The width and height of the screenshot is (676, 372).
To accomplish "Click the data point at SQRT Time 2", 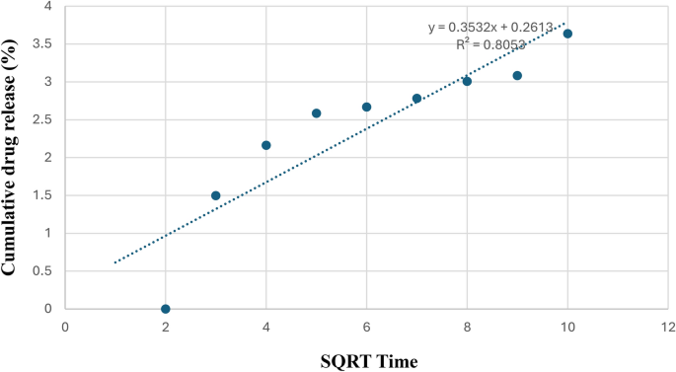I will (x=166, y=309).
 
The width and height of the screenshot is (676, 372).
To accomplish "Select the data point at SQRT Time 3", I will (x=216, y=195).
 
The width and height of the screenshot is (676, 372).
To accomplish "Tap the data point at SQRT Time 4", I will (x=266, y=145).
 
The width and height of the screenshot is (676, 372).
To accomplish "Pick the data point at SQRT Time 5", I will (x=317, y=113).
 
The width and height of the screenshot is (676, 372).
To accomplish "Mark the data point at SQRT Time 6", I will (x=366, y=107).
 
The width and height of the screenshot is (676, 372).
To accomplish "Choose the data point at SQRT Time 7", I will (x=416, y=98).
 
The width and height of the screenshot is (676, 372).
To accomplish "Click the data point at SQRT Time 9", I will (x=517, y=75).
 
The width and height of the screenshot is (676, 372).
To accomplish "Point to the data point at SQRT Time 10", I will (x=567, y=34).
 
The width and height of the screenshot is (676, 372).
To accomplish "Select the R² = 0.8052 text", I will (x=490, y=44).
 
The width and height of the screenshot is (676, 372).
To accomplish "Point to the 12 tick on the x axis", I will (x=667, y=326).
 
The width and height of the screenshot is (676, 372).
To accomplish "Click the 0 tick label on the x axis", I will (x=65, y=326).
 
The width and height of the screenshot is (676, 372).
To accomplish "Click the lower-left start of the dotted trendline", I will (x=115, y=262).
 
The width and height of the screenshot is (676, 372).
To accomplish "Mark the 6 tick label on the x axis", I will (x=366, y=326).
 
